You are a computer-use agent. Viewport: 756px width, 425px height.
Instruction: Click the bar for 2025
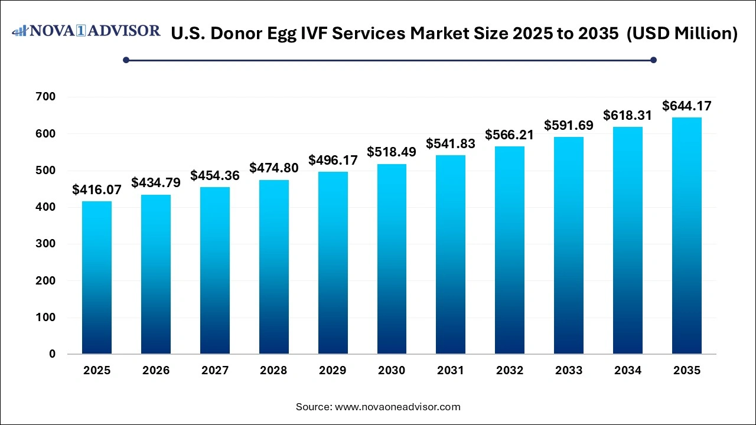click(x=97, y=277)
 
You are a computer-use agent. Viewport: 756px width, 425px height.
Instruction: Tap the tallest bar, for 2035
click(x=687, y=236)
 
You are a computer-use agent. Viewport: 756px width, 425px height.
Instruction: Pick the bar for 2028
click(x=274, y=267)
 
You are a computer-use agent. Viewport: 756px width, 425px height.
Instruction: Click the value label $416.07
click(x=97, y=189)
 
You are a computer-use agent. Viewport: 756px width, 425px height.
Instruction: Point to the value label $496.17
click(x=333, y=160)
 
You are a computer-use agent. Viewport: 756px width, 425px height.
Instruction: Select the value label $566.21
click(x=510, y=135)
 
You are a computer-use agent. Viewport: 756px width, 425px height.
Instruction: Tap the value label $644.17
click(x=687, y=106)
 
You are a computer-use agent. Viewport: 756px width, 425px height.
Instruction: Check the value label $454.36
click(x=215, y=175)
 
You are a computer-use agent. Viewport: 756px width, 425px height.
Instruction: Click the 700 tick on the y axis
click(x=45, y=97)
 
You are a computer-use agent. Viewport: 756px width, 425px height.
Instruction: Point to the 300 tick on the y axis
click(x=45, y=244)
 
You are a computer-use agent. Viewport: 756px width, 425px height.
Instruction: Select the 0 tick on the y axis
click(x=53, y=354)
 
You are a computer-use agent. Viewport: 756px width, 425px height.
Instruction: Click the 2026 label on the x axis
click(x=156, y=371)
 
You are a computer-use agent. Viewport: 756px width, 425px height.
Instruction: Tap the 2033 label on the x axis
click(x=569, y=371)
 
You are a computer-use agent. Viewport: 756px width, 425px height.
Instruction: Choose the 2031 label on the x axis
click(x=451, y=371)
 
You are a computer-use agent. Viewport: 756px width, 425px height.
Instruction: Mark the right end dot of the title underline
click(x=653, y=60)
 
